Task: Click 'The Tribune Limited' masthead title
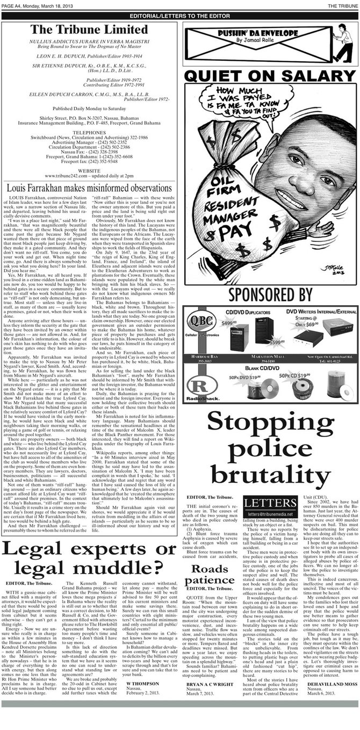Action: click(89, 30)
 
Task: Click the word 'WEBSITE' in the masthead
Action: click(89, 170)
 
